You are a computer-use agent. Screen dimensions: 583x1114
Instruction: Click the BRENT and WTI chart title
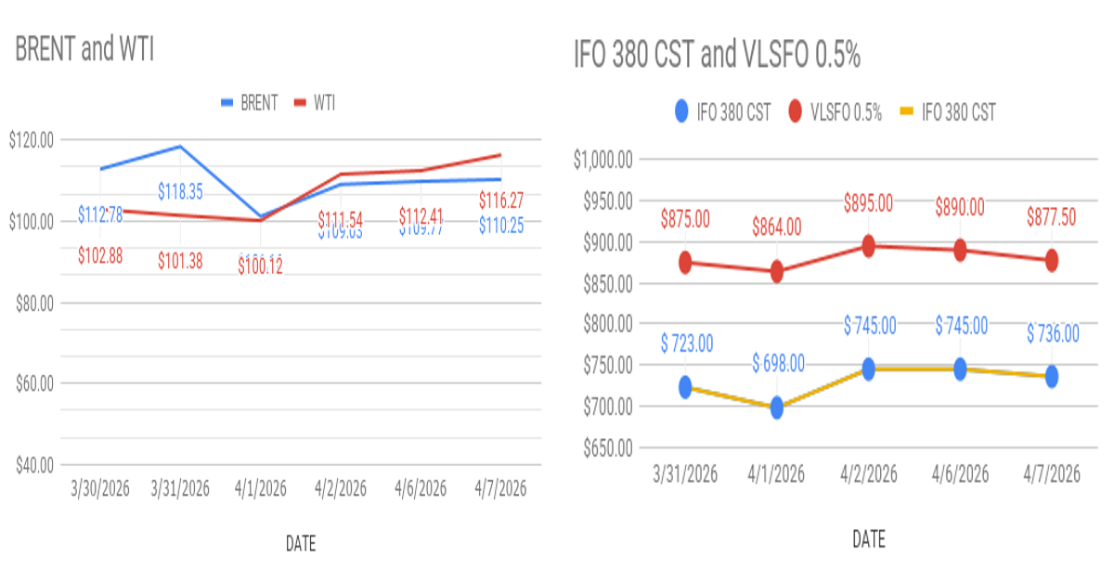(x=84, y=51)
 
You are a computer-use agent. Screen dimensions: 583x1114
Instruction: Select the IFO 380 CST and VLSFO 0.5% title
(x=717, y=57)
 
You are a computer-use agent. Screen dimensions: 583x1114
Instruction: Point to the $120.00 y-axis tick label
(x=31, y=140)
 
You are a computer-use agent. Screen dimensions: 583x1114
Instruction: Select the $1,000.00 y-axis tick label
(x=602, y=160)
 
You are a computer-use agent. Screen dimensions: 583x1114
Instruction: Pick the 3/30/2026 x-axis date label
(x=101, y=488)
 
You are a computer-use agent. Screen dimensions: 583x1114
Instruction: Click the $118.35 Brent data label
(x=180, y=192)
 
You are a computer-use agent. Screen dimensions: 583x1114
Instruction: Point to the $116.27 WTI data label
(x=502, y=200)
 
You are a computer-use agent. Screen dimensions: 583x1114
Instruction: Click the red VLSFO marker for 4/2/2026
(x=869, y=246)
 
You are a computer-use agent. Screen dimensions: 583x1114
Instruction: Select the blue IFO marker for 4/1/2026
(x=777, y=407)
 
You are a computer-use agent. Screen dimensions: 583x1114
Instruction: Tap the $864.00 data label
(x=777, y=227)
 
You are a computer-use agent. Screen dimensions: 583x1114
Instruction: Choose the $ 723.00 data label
(x=687, y=343)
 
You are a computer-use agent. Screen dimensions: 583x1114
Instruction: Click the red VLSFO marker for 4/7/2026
(x=1052, y=262)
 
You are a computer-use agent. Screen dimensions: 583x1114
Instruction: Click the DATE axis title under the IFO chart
(x=868, y=538)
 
